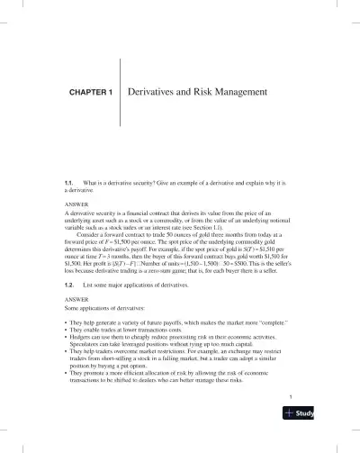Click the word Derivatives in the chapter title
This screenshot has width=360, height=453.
(156, 93)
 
